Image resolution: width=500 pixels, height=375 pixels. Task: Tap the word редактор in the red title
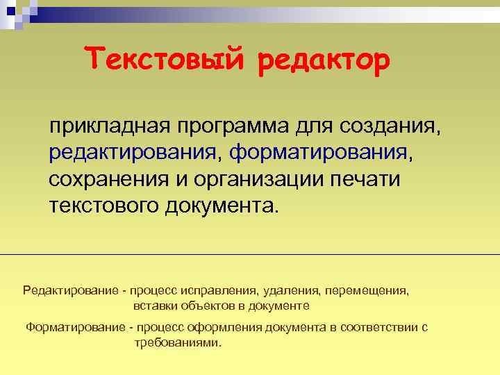[323, 61]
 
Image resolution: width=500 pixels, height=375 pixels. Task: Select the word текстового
[105, 206]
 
